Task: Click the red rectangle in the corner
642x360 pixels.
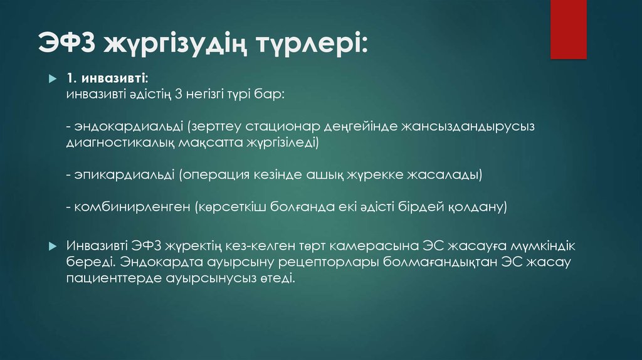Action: tap(568, 29)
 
